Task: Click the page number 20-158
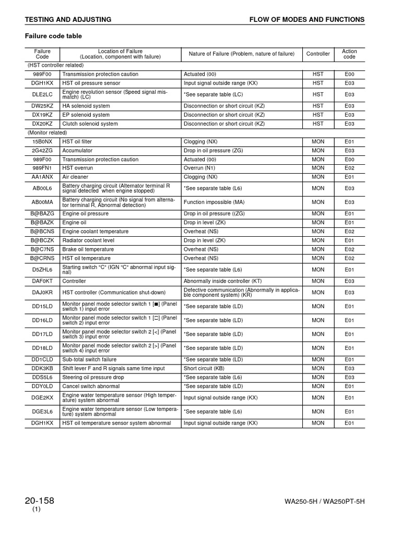pos(39,501)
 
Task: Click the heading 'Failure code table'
pos(54,36)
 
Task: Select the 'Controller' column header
pos(318,54)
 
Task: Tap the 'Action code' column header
pos(349,54)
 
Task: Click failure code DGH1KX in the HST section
pos(42,83)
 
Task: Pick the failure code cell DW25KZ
pos(42,106)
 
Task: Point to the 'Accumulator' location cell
pos(77,150)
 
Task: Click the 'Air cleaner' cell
pos(75,177)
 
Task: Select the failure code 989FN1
pos(42,168)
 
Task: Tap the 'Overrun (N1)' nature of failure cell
pos(199,168)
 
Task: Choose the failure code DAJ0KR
pos(42,293)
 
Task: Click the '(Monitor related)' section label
pos(48,132)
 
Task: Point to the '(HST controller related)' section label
pos(55,65)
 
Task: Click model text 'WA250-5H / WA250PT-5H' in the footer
pos(324,502)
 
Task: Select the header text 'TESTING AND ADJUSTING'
pos(68,19)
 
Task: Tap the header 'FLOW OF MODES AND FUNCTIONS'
pos(307,19)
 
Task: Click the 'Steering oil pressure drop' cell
pos(93,377)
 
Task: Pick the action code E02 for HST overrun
pos(349,168)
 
